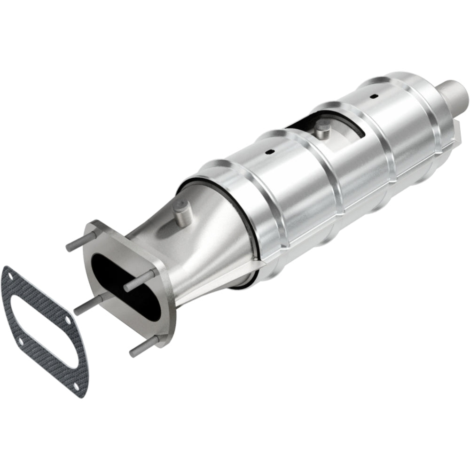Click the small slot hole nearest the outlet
tap(374, 96)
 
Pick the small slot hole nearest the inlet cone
tap(269, 152)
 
